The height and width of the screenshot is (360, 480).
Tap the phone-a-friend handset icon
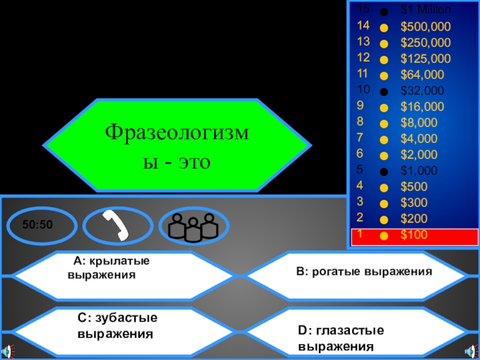117,225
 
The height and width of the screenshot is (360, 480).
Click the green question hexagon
177,146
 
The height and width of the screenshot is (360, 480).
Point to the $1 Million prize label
426,10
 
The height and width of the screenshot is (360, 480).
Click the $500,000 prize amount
425,26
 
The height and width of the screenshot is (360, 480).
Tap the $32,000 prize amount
422,91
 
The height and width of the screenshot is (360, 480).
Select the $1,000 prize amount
419,170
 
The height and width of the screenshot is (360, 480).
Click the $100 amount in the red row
414,235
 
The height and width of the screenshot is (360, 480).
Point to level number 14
363,26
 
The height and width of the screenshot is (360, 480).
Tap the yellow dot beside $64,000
384,76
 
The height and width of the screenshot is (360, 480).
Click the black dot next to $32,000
384,92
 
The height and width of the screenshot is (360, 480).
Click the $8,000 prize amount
419,123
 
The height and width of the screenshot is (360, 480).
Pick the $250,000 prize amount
425,43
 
